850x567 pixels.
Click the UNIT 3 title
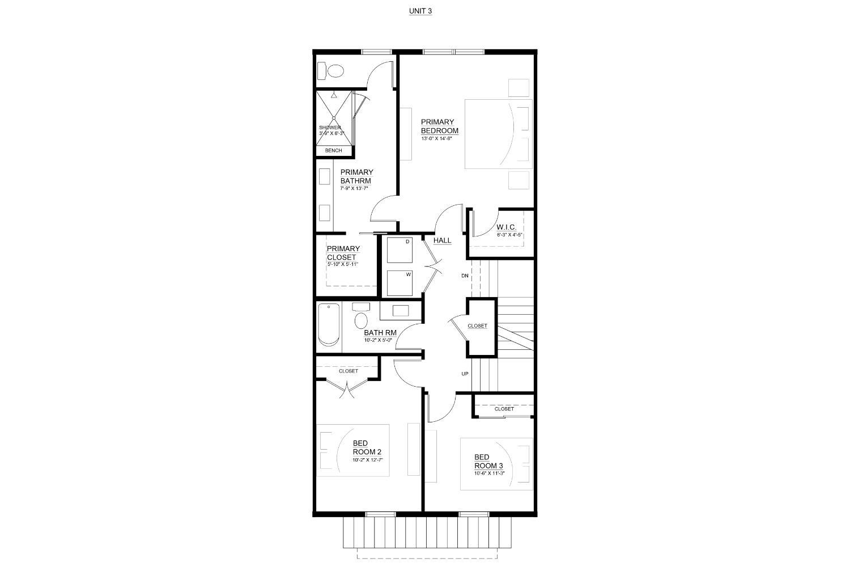[x=420, y=11]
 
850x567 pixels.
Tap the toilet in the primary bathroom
[x=331, y=71]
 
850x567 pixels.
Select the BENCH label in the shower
[x=333, y=151]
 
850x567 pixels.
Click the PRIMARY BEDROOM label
[x=439, y=126]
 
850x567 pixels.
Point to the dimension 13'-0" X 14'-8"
[x=439, y=138]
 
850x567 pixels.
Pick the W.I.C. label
[x=507, y=227]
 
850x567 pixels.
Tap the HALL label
[x=442, y=240]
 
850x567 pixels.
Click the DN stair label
[x=465, y=276]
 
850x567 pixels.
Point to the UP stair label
[x=465, y=374]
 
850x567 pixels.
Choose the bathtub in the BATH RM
[x=329, y=325]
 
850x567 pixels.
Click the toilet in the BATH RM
[x=360, y=319]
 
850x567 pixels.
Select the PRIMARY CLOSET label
[x=343, y=253]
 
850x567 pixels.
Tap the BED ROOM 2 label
[x=367, y=447]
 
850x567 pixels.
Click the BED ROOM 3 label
[x=488, y=462]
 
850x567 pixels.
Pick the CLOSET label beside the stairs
[x=477, y=326]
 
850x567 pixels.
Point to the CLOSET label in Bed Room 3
[x=504, y=409]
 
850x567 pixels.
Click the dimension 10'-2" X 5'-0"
[x=378, y=340]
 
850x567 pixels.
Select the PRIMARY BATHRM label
[x=356, y=176]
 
